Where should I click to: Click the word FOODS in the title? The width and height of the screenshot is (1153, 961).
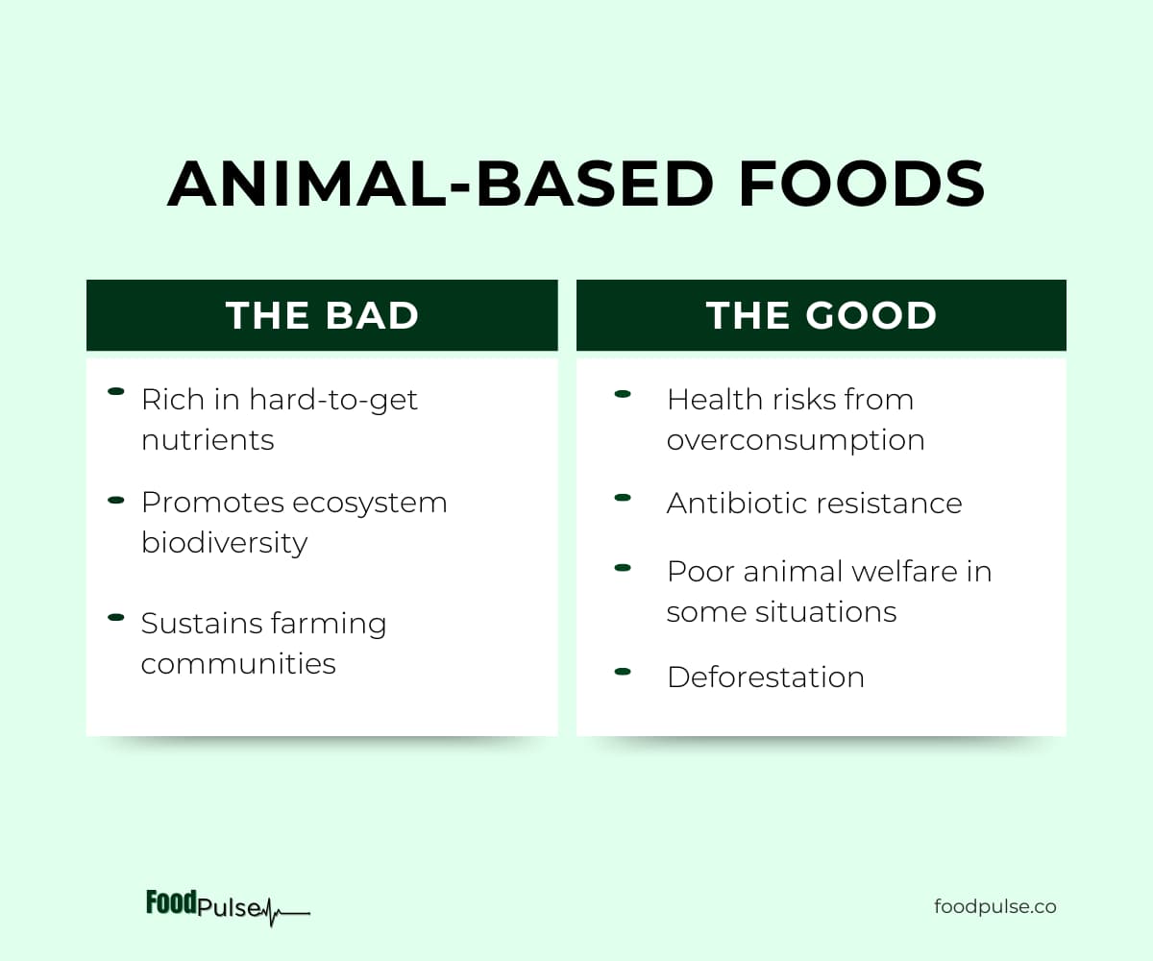click(862, 184)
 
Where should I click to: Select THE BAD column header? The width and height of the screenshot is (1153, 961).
click(322, 315)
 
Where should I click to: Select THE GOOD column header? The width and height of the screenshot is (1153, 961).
click(822, 315)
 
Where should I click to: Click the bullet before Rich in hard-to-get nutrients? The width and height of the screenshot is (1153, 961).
click(116, 391)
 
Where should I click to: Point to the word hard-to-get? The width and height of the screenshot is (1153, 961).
click(333, 401)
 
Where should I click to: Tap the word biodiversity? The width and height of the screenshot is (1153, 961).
click(224, 543)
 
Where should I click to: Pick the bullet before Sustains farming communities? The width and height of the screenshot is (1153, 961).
click(116, 618)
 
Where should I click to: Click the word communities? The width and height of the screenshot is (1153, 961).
click(238, 663)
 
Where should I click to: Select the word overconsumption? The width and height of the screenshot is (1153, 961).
click(796, 441)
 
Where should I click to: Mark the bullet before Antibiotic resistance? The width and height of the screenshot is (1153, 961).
click(623, 498)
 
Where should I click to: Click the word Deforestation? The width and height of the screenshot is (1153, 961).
click(766, 678)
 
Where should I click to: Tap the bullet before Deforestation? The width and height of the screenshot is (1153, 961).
click(623, 672)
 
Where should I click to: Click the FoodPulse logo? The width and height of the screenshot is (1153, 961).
click(228, 907)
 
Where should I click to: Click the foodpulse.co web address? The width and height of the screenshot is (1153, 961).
click(995, 907)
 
